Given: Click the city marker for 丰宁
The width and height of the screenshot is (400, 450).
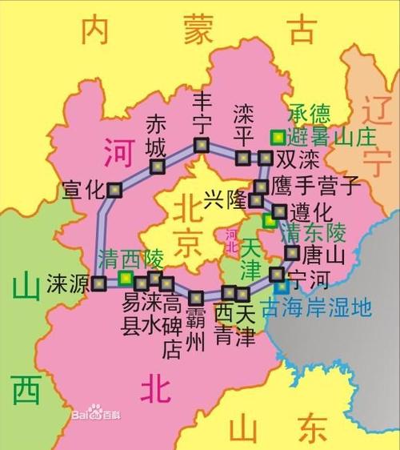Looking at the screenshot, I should pyautogui.click(x=200, y=145).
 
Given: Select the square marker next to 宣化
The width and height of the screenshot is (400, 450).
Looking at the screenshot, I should pyautogui.click(x=116, y=190).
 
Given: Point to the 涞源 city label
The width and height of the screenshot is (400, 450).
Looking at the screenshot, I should pyautogui.click(x=68, y=283).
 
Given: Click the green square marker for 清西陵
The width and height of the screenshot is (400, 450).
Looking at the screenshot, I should pyautogui.click(x=125, y=277).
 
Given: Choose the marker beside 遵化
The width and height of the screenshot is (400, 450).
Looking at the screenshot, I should pyautogui.click(x=279, y=211).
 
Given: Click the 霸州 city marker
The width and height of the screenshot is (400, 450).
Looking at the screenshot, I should pyautogui.click(x=196, y=296).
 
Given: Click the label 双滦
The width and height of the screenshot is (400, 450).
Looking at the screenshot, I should pyautogui.click(x=297, y=158).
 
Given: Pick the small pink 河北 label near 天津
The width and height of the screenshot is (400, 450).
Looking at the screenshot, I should pyautogui.click(x=231, y=240).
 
